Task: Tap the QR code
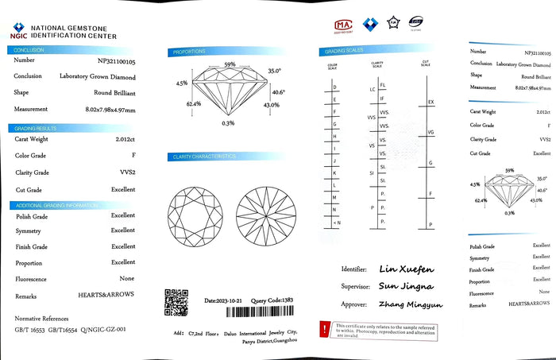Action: [176, 302]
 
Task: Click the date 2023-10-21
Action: [221, 301]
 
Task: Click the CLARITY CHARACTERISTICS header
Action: [203, 157]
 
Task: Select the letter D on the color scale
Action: [335, 87]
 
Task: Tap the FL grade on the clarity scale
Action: [384, 84]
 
